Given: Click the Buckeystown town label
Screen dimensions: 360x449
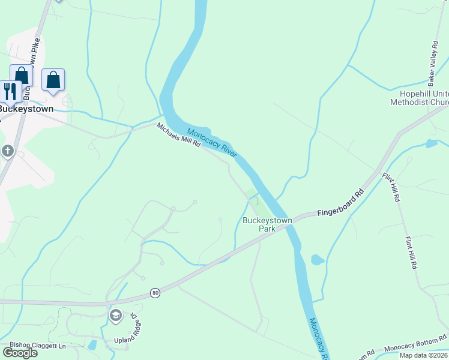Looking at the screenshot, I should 26,109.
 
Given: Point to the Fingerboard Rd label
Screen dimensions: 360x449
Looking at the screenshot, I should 341,204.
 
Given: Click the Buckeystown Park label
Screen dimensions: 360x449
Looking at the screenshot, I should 267,224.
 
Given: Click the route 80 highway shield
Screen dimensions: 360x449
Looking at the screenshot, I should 155,293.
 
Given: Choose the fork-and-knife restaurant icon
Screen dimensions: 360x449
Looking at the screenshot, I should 10,91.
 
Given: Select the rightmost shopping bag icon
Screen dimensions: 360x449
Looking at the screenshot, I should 53,80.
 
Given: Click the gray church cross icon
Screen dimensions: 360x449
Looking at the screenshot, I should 7,151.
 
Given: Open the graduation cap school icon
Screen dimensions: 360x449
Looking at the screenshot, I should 115,315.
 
